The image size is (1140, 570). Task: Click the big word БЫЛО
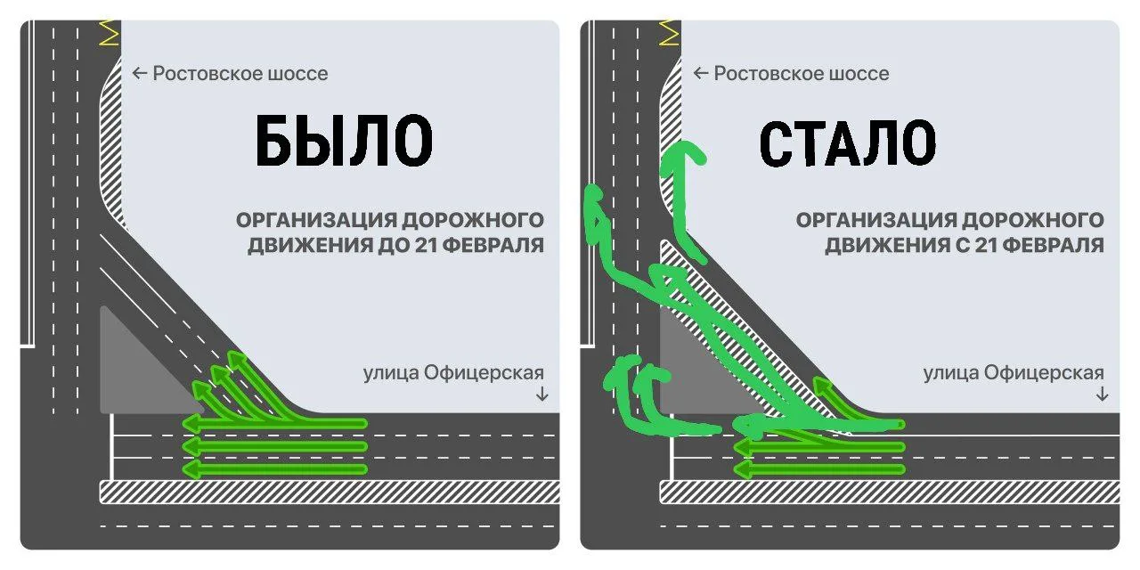click(344, 142)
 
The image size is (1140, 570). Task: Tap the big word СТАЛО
click(847, 142)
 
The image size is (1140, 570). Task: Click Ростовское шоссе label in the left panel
click(240, 73)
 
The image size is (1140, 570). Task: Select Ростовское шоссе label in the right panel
click(801, 73)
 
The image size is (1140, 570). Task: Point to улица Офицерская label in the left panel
click(452, 373)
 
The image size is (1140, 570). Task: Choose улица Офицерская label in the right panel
click(1014, 373)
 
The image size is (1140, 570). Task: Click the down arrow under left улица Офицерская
click(541, 394)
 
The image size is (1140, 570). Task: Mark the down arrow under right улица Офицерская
click(1103, 394)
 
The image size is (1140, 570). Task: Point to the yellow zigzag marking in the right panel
click(670, 32)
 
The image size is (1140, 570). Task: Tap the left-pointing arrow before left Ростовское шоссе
click(139, 73)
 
